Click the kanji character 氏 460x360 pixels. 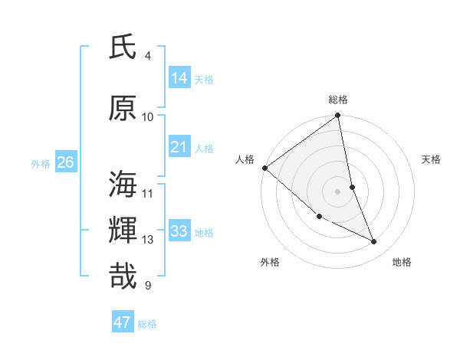123,48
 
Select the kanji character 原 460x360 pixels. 123,110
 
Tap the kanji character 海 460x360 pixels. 123,185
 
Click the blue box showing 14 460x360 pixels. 179,78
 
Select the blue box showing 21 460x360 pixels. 179,147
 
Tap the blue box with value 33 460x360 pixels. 179,231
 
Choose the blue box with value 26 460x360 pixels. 66,162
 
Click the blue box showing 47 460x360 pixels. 123,322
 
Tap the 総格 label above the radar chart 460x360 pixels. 338,100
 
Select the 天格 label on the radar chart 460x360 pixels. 432,159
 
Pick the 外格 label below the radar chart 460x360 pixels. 270,262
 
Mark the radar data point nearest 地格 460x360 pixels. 374,242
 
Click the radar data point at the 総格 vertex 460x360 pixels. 338,116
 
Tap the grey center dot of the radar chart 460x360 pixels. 338,191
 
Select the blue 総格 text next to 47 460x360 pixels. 147,324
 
